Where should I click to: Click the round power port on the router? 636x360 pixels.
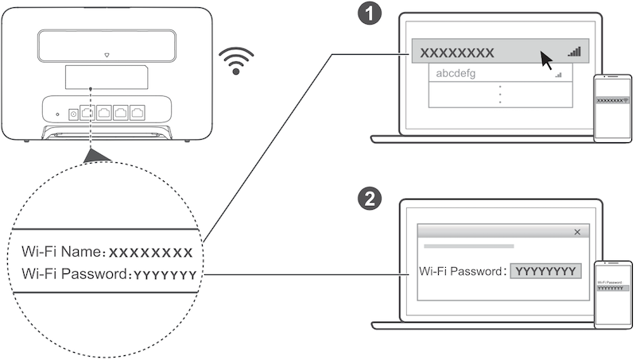73,114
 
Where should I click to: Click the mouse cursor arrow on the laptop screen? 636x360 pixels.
545,59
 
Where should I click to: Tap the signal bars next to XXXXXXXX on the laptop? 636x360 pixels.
575,51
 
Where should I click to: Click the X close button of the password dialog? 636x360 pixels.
577,232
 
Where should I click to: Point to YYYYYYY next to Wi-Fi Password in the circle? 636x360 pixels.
165,275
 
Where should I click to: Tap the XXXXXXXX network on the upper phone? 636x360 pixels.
610,101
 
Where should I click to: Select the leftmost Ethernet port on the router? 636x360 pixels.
87,112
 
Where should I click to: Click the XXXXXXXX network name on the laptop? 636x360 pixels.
457,52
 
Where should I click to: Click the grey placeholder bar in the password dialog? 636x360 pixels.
468,246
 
